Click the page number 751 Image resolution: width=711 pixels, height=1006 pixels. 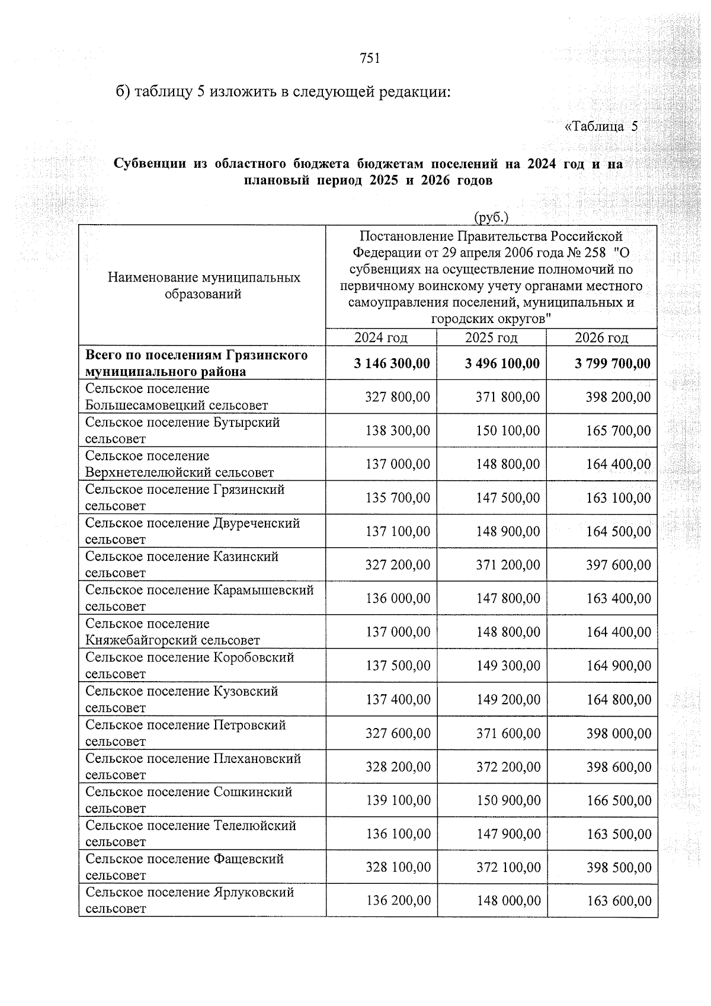click(370, 58)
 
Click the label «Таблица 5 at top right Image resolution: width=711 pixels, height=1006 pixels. click(601, 126)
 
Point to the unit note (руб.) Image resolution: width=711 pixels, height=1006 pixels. click(491, 218)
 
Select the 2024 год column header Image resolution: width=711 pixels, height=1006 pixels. click(381, 338)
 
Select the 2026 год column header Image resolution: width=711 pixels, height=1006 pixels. click(601, 338)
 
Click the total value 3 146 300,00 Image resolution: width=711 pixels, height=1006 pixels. click(392, 363)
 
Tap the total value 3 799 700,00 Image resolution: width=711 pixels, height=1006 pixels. click(613, 363)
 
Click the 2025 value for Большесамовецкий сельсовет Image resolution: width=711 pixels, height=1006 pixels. click(508, 397)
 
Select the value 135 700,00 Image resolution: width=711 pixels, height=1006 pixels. click(398, 498)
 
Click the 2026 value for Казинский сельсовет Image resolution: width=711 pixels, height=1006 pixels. click(619, 565)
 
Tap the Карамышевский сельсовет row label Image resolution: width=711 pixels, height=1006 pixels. click(199, 598)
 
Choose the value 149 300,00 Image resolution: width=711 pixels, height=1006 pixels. click(508, 666)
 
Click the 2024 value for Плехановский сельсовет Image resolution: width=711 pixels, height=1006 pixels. click(398, 767)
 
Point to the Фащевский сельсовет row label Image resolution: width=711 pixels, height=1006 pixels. click(184, 867)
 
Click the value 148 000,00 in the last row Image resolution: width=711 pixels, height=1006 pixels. click(508, 901)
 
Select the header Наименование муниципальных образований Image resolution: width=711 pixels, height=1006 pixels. click(204, 286)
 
